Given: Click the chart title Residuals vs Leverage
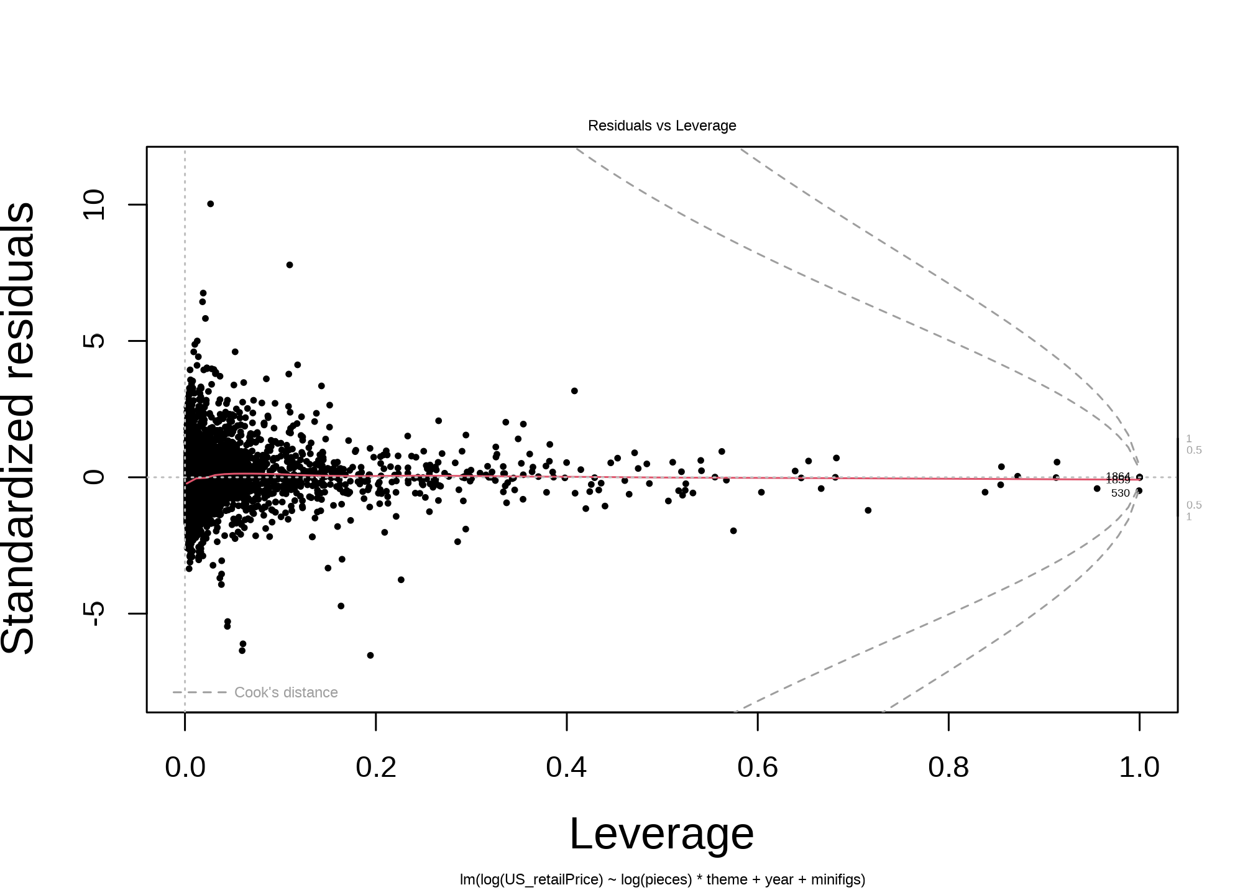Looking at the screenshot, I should pyautogui.click(x=662, y=126).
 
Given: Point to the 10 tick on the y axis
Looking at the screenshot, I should pyautogui.click(x=94, y=204).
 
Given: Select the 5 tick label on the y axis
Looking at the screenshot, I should pyautogui.click(x=94, y=341).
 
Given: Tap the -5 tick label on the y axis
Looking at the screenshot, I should pyautogui.click(x=94, y=613).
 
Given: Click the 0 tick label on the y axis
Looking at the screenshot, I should pyautogui.click(x=94, y=477).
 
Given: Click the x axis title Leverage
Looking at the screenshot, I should pyautogui.click(x=662, y=834).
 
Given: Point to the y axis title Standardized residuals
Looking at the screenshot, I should pyautogui.click(x=19, y=429).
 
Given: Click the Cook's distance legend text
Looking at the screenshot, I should pyautogui.click(x=286, y=692).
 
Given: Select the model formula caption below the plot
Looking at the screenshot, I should pyautogui.click(x=662, y=880).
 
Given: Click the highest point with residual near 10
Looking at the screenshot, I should pyautogui.click(x=211, y=204).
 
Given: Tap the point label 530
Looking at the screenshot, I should pyautogui.click(x=1120, y=493).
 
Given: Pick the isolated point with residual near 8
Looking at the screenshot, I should pyautogui.click(x=290, y=265).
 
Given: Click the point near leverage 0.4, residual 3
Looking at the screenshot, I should pyautogui.click(x=574, y=391).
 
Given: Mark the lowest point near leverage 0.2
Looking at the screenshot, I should pyautogui.click(x=370, y=655).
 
